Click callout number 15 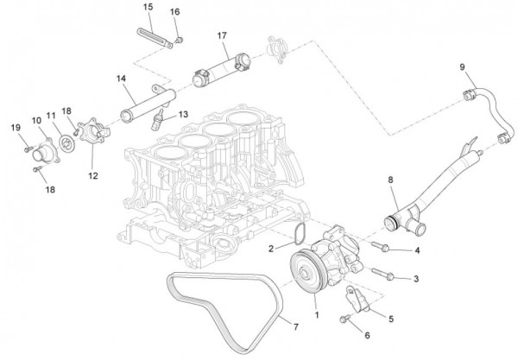[x=148, y=7]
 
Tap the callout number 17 [x=222, y=35]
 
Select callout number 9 [x=462, y=66]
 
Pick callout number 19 [x=16, y=129]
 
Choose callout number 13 [x=183, y=114]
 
